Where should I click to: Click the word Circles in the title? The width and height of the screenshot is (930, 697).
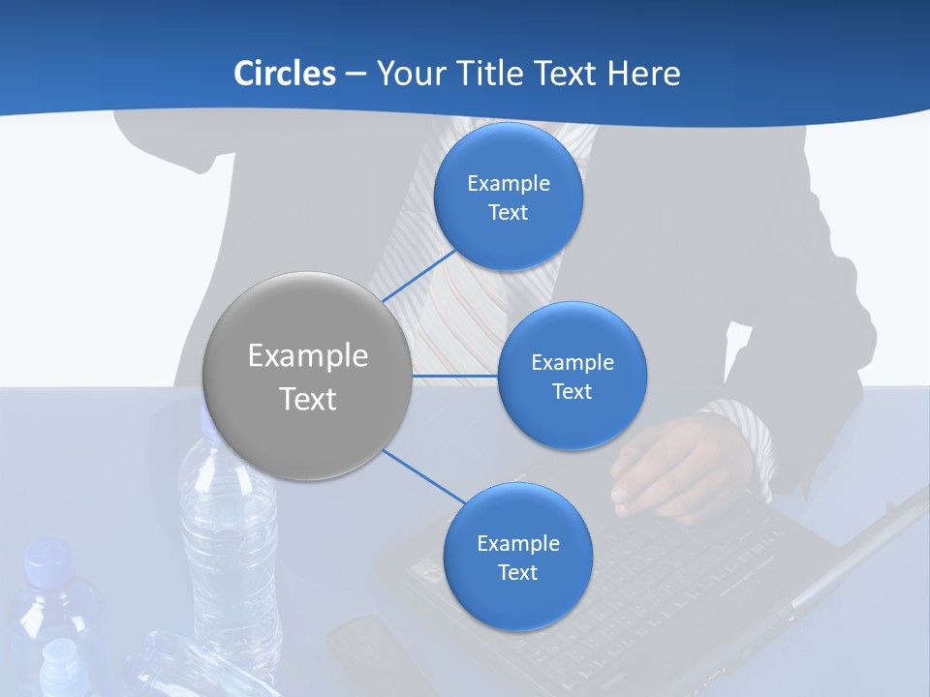(284, 74)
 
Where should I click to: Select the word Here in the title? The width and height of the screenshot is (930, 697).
(643, 74)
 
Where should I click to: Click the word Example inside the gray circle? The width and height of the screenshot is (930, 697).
(308, 356)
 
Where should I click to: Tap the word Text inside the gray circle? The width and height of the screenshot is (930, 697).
(308, 399)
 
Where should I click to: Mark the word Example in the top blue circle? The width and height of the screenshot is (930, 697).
(509, 184)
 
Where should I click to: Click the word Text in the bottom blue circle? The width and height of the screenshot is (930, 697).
(517, 573)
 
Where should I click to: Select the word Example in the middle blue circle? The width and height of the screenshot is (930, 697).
(573, 363)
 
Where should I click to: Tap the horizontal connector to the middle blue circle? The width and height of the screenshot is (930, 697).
(455, 376)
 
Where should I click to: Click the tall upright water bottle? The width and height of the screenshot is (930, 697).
(229, 542)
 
